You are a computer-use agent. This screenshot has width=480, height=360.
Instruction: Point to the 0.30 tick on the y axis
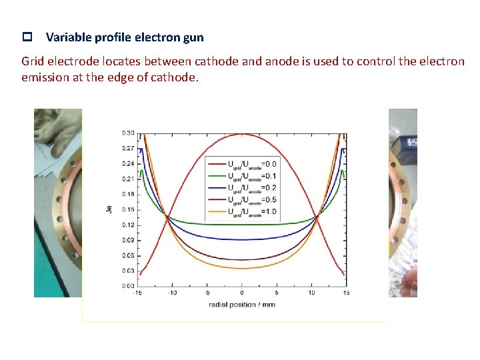127,133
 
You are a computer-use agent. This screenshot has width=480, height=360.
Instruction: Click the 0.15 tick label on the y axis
127,209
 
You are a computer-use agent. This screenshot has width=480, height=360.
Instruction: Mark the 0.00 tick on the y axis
127,285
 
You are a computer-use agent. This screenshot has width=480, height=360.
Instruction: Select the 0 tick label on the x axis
242,293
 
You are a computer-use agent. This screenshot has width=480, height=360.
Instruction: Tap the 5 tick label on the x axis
277,293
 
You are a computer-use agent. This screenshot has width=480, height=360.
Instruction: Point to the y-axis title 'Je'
109,209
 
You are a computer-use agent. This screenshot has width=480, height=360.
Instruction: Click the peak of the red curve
242,134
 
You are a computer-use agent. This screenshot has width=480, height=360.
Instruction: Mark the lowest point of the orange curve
242,269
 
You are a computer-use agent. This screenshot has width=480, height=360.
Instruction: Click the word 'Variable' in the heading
66,38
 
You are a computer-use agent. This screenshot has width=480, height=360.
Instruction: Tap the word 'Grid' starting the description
33,61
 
